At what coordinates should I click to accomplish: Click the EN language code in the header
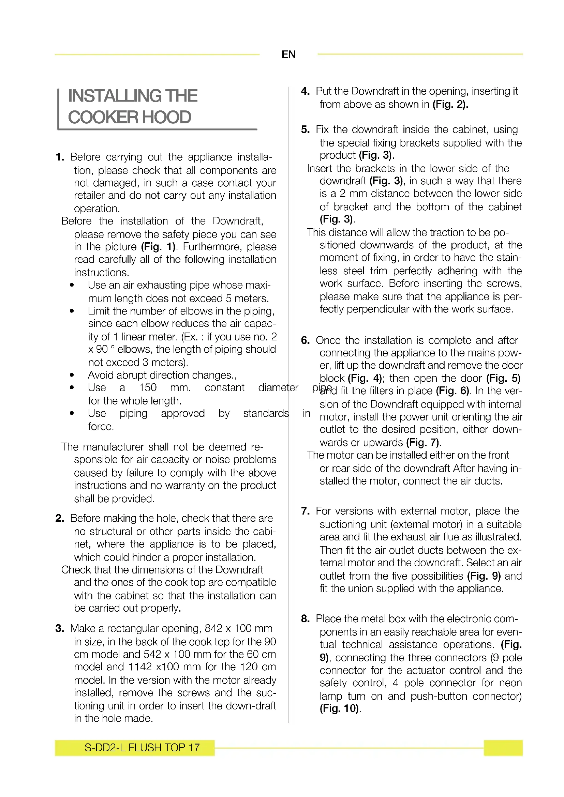[x=288, y=55]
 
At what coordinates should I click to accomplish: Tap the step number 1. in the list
[x=60, y=157]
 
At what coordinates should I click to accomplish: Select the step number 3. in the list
[x=60, y=629]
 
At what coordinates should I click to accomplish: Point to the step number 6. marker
[x=305, y=340]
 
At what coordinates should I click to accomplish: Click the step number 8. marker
[x=305, y=618]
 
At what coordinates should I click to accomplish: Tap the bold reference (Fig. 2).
[x=450, y=104]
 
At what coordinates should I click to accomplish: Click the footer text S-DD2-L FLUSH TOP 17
[x=142, y=747]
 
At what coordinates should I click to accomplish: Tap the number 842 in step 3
[x=213, y=629]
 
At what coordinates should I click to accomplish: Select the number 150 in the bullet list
[x=148, y=387]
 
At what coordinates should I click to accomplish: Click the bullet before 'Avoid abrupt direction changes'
[x=72, y=375]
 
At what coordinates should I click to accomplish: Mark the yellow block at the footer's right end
[x=503, y=748]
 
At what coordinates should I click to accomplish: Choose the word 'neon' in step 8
[x=510, y=683]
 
